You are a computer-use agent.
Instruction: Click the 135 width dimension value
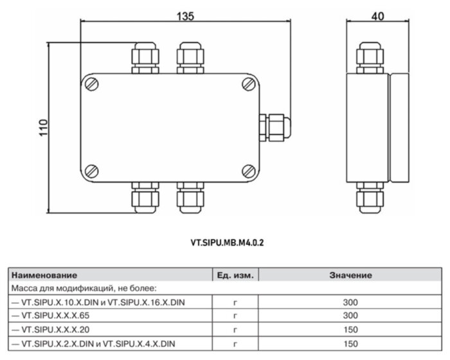(x=185, y=17)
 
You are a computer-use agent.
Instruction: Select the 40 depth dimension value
(x=378, y=17)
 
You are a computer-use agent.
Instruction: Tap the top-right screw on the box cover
(x=249, y=84)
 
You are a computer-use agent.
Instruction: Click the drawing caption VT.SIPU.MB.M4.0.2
(x=228, y=244)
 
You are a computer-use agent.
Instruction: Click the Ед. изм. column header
(x=235, y=275)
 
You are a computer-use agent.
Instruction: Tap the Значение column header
(x=350, y=275)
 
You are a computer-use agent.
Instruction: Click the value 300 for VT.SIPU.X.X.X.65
(x=350, y=315)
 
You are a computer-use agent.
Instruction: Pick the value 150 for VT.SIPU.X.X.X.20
(x=350, y=329)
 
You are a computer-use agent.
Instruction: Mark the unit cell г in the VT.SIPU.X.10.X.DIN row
(x=235, y=301)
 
